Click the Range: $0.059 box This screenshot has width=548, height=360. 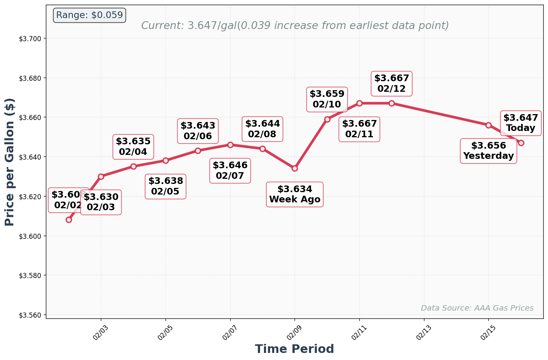coord(89,15)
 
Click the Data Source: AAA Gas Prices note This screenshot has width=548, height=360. coord(477,308)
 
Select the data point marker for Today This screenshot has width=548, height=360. coord(521,143)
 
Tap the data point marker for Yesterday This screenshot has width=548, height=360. coord(488,125)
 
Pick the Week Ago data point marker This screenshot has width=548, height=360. coord(295,168)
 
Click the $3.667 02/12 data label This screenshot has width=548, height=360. coord(391,84)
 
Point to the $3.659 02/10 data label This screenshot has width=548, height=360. coord(327,99)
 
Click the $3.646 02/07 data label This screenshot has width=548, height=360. coord(230,171)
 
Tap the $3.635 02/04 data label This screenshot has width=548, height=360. coord(133,147)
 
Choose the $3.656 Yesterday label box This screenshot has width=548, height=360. coord(488,151)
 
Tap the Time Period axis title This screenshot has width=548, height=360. coord(294,349)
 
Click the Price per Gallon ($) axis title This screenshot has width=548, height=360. coord(10,162)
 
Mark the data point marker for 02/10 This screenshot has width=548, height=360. coord(327,119)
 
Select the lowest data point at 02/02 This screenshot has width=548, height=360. coord(69,220)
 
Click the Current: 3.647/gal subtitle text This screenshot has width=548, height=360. coord(295,26)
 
